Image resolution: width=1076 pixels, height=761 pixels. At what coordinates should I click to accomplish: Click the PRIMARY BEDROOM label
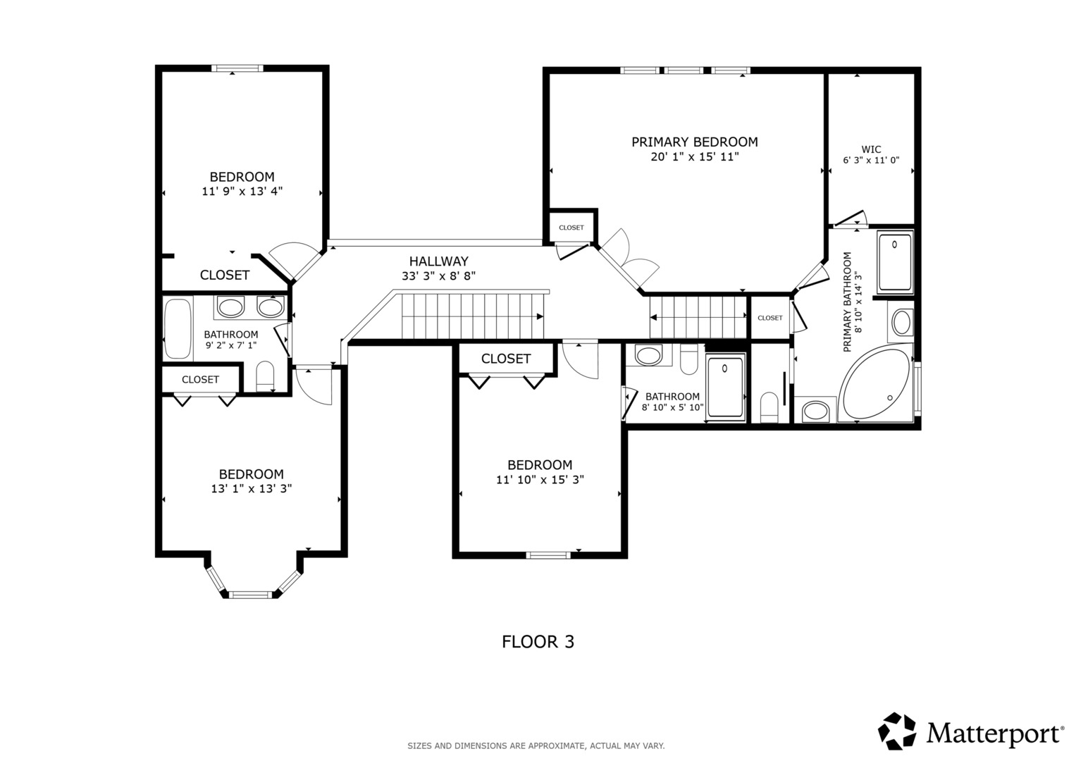click(x=695, y=142)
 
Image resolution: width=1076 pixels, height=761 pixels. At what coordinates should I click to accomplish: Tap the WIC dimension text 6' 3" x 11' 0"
click(x=871, y=161)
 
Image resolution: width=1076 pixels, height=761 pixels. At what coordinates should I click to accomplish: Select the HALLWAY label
click(x=438, y=261)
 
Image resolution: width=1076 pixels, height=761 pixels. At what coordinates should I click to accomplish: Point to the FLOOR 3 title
click(x=538, y=642)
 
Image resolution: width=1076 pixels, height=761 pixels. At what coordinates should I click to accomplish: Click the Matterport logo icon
click(x=897, y=731)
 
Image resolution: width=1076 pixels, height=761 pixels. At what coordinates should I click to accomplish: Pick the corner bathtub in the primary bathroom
click(x=875, y=386)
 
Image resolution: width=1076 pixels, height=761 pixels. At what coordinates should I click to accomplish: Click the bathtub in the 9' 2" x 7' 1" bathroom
click(x=178, y=328)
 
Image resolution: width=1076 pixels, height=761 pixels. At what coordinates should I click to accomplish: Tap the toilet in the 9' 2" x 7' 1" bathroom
click(x=265, y=376)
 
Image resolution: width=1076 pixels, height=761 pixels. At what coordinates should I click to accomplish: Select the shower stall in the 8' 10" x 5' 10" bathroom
click(x=725, y=388)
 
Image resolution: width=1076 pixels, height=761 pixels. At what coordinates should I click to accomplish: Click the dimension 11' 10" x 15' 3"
click(x=540, y=479)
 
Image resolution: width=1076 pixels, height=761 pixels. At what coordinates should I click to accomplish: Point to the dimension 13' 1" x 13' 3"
click(x=252, y=488)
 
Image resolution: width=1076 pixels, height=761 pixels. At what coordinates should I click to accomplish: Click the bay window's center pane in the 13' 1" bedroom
click(x=250, y=595)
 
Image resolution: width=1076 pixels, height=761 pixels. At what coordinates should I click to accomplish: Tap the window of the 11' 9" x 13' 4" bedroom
click(x=237, y=68)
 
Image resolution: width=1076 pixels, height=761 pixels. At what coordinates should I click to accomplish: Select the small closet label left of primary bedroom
click(x=571, y=228)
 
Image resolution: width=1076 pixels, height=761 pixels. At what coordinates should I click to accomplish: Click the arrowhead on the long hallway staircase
click(x=540, y=316)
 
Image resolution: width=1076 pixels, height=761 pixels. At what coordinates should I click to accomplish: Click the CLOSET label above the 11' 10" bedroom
click(x=506, y=359)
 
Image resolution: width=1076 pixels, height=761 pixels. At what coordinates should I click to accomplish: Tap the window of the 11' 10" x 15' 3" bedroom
click(x=548, y=555)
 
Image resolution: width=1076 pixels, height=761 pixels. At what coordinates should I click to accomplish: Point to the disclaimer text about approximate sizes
click(x=536, y=746)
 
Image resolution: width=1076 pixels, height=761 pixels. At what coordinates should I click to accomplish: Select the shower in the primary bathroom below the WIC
click(x=895, y=263)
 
